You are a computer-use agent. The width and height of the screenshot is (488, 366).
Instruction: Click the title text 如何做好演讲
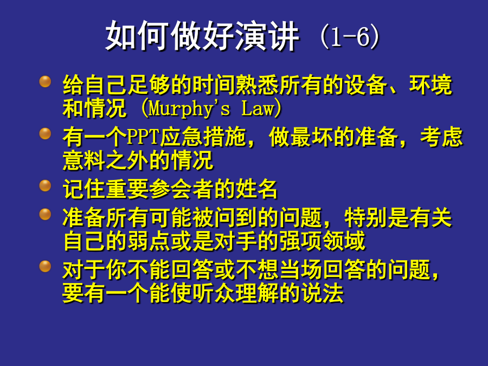pos(203,35)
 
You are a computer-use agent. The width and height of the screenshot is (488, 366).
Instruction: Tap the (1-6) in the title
pos(350,37)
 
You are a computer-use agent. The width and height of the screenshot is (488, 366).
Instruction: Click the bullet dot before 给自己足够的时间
pos(45,81)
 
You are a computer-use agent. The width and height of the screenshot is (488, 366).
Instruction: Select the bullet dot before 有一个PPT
pos(45,134)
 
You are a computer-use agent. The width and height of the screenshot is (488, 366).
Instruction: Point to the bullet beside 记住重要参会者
pos(45,186)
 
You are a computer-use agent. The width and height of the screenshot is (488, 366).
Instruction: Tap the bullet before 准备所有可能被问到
pos(45,214)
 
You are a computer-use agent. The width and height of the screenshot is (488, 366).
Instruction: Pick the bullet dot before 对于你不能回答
pos(45,266)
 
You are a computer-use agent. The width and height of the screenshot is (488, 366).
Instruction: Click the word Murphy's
pos(190,109)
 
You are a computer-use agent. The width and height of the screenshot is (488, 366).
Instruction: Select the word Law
pos(258,108)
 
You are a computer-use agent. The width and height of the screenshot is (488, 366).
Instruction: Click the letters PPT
pos(143,137)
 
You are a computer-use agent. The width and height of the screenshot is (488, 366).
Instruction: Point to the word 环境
pos(431,85)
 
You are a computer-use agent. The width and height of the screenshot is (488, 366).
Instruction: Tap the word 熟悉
pos(257,85)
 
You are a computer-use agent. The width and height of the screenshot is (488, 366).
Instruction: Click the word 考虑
pos(441,137)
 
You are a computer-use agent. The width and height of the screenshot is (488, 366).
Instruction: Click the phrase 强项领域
pos(322,241)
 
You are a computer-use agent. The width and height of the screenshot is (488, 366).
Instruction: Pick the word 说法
pos(322,293)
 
